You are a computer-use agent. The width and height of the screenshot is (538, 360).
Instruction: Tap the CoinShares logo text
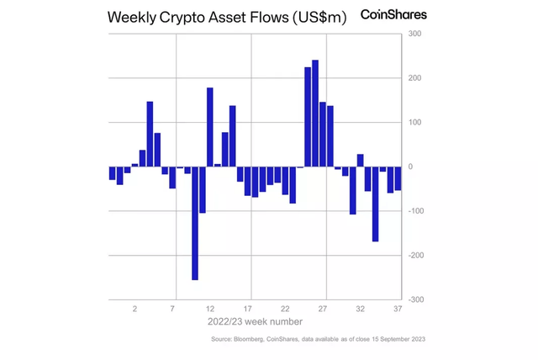393,14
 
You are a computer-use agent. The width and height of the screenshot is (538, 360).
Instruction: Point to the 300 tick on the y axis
416,34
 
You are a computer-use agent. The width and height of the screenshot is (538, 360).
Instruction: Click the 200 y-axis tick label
416,78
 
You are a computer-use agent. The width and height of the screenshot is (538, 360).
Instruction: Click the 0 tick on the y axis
412,167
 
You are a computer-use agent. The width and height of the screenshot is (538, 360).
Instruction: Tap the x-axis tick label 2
134,310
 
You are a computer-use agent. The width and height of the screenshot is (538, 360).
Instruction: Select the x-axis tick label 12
210,310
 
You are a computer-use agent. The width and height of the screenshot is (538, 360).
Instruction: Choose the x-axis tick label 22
285,310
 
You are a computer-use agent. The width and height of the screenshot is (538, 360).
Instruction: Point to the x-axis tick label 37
398,310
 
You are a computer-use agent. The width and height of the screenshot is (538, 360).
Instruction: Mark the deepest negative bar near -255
195,223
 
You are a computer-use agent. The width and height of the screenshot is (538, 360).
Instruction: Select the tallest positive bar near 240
315,114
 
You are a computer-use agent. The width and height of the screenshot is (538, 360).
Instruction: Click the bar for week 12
210,127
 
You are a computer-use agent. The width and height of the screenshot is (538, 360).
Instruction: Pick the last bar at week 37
398,178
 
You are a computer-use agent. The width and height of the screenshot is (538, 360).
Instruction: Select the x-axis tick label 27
323,310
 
